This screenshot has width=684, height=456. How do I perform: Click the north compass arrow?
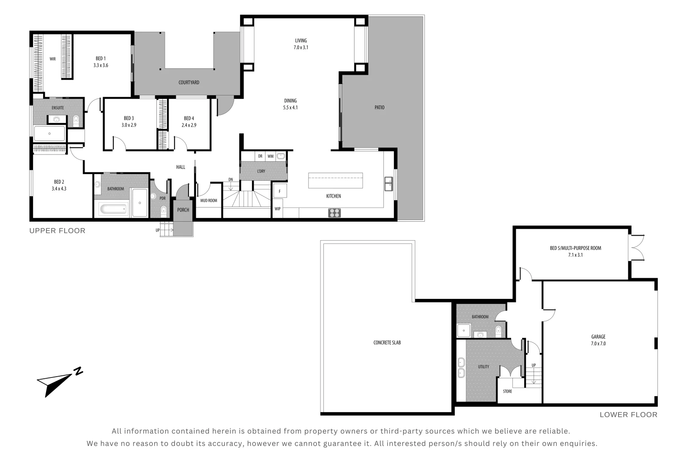tap(57, 383)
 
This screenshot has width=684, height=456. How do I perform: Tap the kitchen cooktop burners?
tap(334, 213)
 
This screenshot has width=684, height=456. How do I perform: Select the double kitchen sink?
tap(388, 185)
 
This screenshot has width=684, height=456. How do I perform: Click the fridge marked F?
tap(280, 191)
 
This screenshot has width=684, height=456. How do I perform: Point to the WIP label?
tap(278, 209)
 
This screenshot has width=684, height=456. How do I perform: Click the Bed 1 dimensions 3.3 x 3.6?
tap(101, 65)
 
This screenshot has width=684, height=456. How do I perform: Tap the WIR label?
tap(52, 59)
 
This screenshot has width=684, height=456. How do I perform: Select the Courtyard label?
tap(189, 82)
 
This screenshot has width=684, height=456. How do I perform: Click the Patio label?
tap(379, 108)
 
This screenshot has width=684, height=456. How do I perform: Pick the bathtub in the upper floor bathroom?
tap(113, 209)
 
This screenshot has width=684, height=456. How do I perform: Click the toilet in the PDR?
tap(164, 210)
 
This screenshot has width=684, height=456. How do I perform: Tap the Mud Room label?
tap(208, 201)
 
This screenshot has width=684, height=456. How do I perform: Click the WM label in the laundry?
tap(271, 156)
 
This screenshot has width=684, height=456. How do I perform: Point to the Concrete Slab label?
tap(387, 343)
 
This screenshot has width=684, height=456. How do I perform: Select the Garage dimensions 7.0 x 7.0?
tap(598, 344)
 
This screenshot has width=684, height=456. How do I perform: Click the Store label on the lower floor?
tap(507, 391)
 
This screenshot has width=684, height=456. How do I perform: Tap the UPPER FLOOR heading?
tap(57, 231)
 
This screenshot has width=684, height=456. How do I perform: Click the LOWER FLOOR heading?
tap(628, 415)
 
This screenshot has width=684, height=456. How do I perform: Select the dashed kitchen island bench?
tap(335, 180)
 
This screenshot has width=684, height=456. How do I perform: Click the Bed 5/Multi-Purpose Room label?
tap(575, 248)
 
